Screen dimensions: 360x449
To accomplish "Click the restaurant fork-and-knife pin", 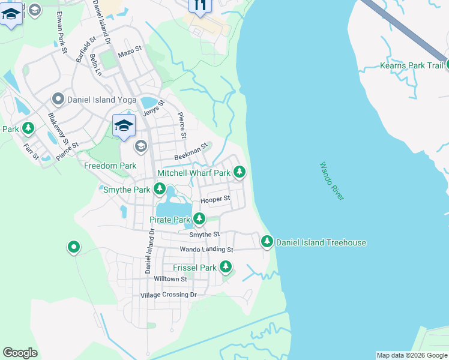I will tap(200, 5).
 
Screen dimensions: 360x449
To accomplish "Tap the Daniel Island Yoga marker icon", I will tap(58, 98).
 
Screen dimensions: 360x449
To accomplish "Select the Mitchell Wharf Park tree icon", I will tap(240, 173).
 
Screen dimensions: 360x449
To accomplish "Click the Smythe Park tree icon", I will tap(159, 190).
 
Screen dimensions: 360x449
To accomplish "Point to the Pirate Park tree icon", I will tap(199, 220).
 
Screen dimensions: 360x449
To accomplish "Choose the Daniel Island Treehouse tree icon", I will tap(267, 242).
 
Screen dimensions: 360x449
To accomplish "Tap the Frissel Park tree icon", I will tap(226, 267).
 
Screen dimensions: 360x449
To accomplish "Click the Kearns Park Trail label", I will tap(411, 65).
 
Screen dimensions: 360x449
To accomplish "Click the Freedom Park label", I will tap(110, 166).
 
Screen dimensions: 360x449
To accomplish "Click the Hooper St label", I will tap(215, 199).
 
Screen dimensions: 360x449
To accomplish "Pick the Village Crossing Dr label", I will tap(168, 295).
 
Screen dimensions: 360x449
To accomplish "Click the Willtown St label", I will tap(170, 279).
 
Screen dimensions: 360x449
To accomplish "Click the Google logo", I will tap(20, 353).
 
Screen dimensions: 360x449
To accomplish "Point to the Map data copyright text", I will tap(411, 355).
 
